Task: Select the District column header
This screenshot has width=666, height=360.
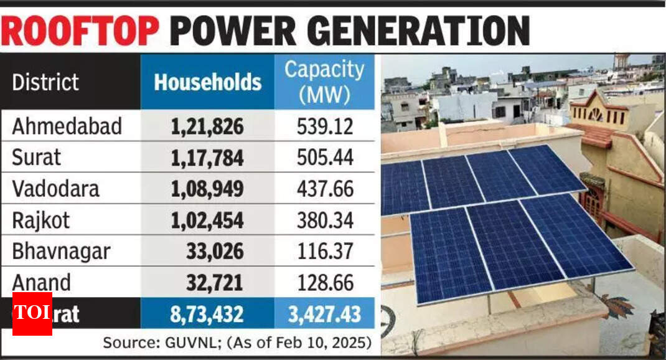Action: pyautogui.click(x=45, y=82)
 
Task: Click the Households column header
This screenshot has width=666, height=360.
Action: pyautogui.click(x=207, y=82)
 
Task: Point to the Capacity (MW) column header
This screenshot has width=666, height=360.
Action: pyautogui.click(x=324, y=82)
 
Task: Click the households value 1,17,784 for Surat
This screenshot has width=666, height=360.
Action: pyautogui.click(x=207, y=158)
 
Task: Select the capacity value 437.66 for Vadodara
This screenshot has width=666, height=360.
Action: pyautogui.click(x=323, y=189)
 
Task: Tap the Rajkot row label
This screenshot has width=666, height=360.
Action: pyautogui.click(x=42, y=220)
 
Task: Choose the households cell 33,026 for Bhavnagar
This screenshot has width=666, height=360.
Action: pyautogui.click(x=215, y=252)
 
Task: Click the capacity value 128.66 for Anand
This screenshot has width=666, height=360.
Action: pyautogui.click(x=323, y=283)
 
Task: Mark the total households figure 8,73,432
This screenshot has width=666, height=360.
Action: pyautogui.click(x=207, y=314)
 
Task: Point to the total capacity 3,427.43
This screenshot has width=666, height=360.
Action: pyautogui.click(x=323, y=314)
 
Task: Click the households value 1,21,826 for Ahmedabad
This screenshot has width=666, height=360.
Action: pyautogui.click(x=207, y=127)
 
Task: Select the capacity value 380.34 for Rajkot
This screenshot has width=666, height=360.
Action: pyautogui.click(x=323, y=220)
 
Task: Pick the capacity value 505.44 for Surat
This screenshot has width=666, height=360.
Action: pyautogui.click(x=323, y=158)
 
